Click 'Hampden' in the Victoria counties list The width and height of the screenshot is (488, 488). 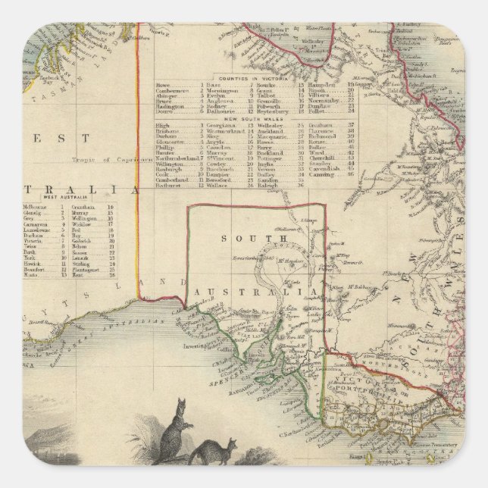[x=322, y=85]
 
